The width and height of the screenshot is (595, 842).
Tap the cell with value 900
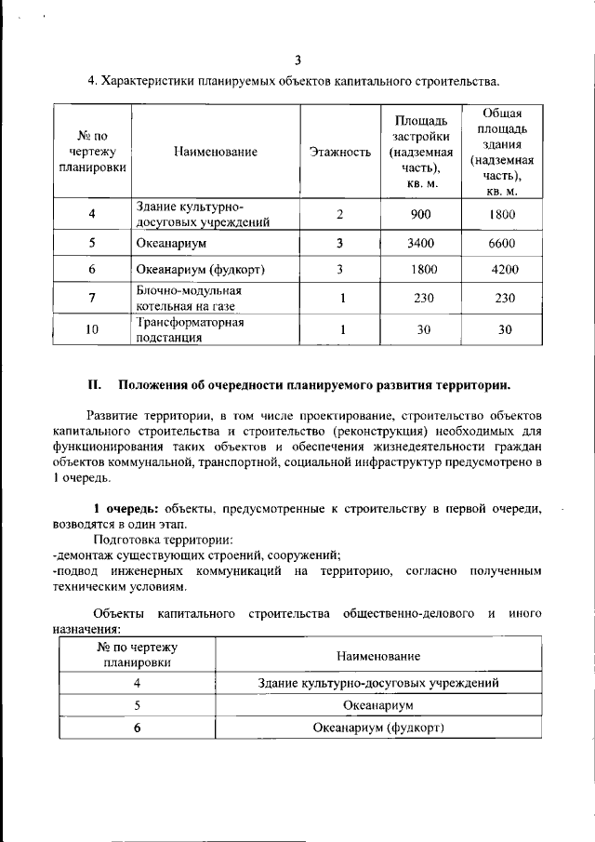(x=420, y=215)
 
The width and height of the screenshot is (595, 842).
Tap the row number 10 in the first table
(x=92, y=329)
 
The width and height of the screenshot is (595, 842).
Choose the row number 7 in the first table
(x=92, y=298)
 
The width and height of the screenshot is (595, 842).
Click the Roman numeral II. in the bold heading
(x=93, y=385)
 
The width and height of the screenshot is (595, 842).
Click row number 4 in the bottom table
(x=137, y=683)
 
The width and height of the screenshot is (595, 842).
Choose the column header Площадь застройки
(x=420, y=151)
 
